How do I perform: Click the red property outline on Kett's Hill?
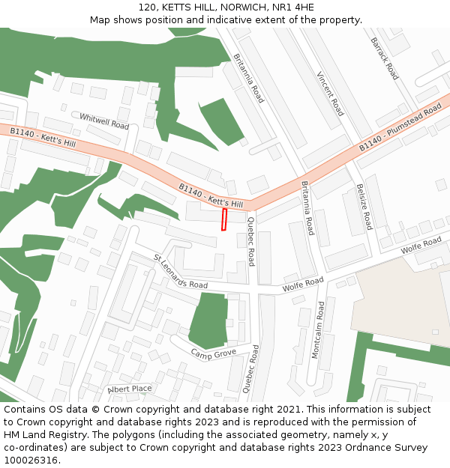tap(223, 219)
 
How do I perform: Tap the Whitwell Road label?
tap(104, 121)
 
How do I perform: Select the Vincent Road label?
tap(330, 94)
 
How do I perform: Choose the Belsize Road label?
tap(364, 207)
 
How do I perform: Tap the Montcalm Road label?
tap(320, 330)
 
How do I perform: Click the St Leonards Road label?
tap(181, 271)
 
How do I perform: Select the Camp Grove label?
tap(213, 353)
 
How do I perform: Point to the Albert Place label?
tap(130, 389)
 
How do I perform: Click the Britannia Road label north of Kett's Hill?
tap(248, 78)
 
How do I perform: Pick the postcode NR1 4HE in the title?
tap(294, 7)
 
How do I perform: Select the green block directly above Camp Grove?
tap(208, 319)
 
